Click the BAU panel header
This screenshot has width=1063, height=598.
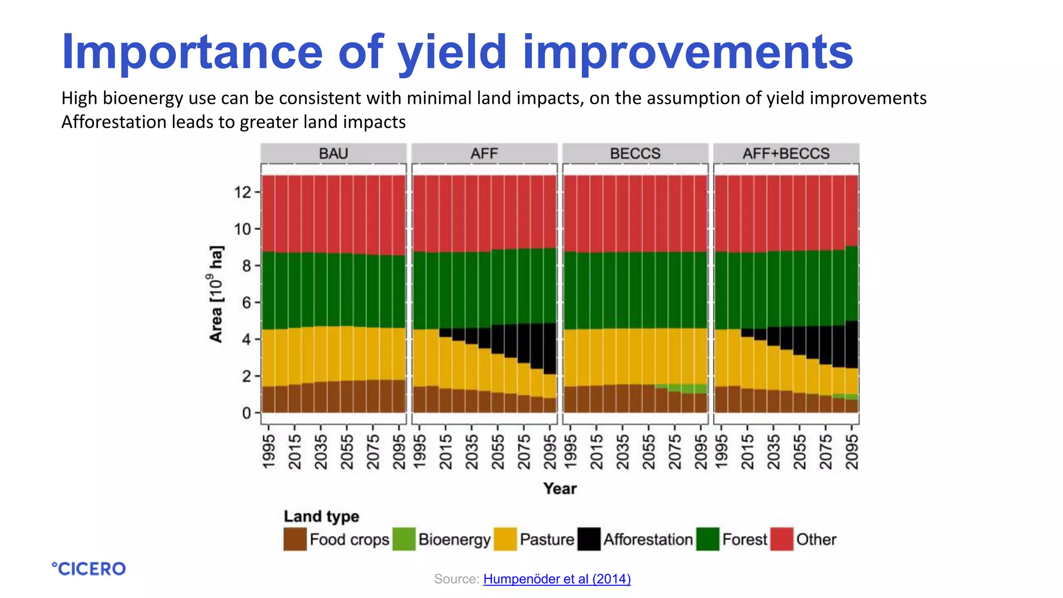pos(333,154)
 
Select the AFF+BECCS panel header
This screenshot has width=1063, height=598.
pos(786,154)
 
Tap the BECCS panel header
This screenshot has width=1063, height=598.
pos(635,154)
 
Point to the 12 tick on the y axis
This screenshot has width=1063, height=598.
pos(242,193)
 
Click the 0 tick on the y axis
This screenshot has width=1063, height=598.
pos(247,413)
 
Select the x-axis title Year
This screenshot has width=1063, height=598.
pos(560,488)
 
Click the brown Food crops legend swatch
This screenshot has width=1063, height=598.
pos(295,539)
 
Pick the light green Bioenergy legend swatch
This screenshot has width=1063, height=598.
pos(404,539)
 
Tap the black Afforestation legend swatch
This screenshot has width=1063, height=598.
pos(589,539)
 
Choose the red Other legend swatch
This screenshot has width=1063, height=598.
pos(782,539)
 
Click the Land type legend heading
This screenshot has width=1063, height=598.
pos(321,517)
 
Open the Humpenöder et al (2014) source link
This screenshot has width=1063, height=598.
pos(557,579)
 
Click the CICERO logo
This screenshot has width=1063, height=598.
pos(89,569)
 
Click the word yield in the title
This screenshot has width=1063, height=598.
pos(452,52)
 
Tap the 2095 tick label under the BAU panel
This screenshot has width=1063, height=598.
pos(399,452)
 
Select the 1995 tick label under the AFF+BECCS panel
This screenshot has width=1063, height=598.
pos(721,452)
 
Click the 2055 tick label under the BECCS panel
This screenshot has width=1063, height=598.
pos(648,452)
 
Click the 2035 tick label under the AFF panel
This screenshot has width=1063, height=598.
pos(471,452)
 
